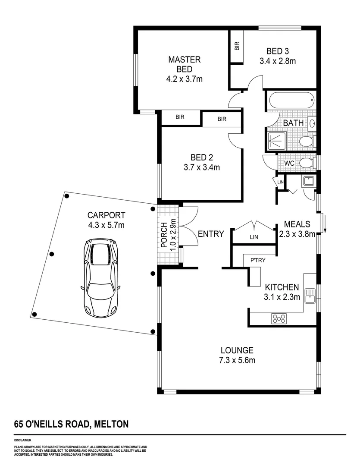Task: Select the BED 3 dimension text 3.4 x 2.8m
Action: point(278,61)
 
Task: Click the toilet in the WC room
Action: point(307,163)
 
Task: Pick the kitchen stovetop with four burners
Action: point(279,319)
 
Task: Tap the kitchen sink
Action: point(310,296)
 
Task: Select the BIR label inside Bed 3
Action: point(237,47)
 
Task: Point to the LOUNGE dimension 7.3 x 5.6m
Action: point(237,360)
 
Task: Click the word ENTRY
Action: point(211,234)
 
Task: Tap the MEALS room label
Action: point(297,224)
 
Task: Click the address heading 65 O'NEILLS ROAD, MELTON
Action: point(71,424)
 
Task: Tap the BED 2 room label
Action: point(201,157)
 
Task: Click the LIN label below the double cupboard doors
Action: point(254,237)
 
